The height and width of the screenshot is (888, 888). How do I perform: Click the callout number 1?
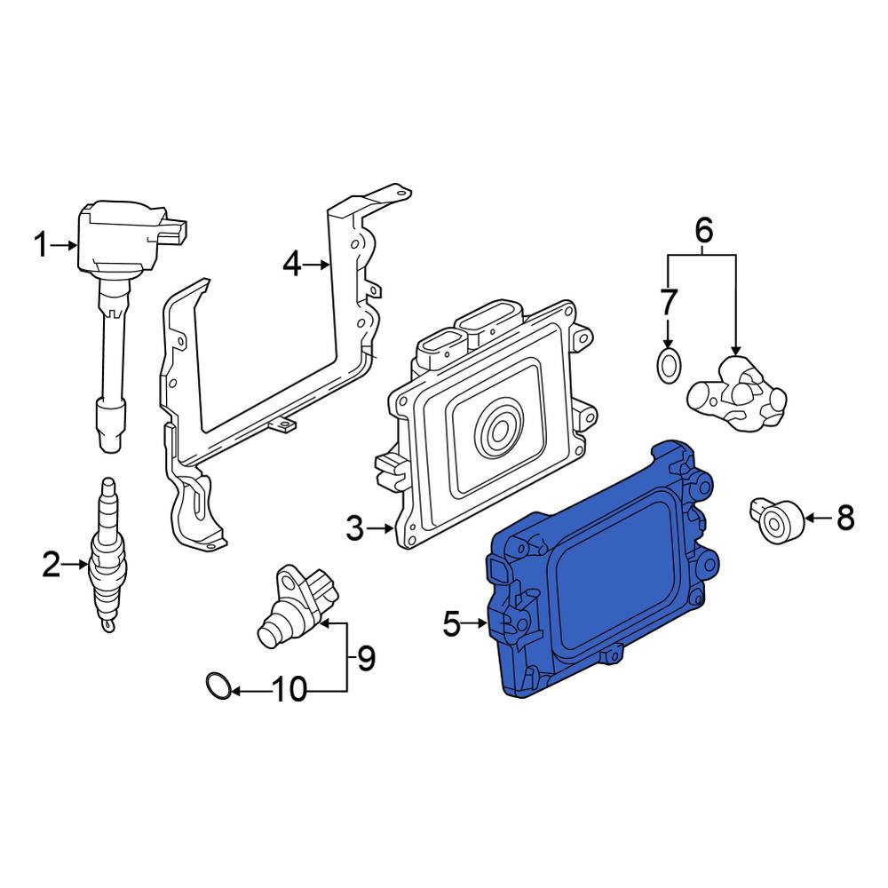(41, 246)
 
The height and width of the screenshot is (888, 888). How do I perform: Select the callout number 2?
(51, 565)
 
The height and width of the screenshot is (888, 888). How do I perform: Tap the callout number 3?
(354, 528)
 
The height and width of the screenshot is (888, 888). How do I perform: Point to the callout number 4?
(291, 265)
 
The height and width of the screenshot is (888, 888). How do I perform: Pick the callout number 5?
(452, 624)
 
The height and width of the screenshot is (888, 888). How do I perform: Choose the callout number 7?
(669, 302)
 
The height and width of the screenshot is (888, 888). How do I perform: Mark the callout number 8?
(845, 518)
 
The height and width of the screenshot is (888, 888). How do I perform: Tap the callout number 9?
(367, 658)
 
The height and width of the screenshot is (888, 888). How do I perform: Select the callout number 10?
(289, 690)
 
